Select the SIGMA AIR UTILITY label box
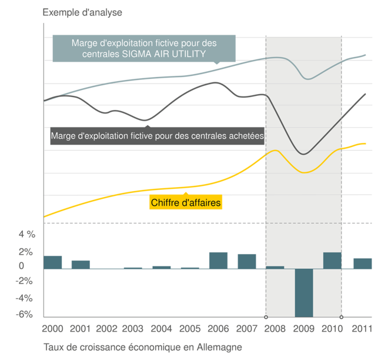[x=144, y=48]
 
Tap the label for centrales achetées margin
[x=157, y=135]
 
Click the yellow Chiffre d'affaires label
[x=186, y=203]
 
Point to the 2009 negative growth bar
[x=304, y=292]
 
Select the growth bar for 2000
[x=53, y=262]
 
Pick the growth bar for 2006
[x=218, y=260]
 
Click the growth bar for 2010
[x=332, y=261]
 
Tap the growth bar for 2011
[x=362, y=263]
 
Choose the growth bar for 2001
[x=81, y=264]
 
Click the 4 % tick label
[x=26, y=234]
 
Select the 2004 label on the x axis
[x=162, y=328]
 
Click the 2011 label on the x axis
[x=362, y=328]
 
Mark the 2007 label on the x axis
[x=247, y=328]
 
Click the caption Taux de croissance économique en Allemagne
[x=142, y=347]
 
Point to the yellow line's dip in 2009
[x=304, y=172]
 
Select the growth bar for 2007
[x=247, y=261]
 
